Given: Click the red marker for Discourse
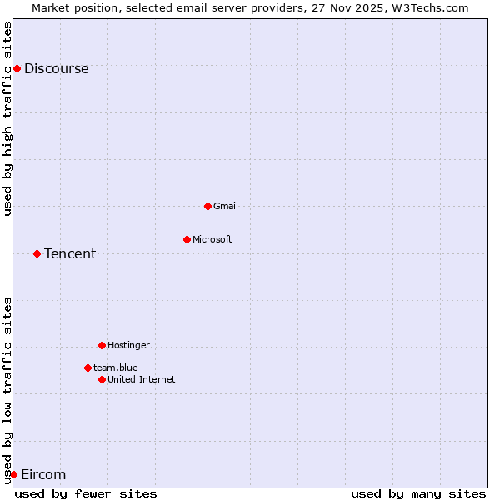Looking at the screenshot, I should pos(17,68).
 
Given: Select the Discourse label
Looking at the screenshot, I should pos(56,69).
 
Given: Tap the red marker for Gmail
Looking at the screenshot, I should pos(207,206).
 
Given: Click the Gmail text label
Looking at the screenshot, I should pos(226,207).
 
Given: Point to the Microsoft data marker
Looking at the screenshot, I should pos(187,239).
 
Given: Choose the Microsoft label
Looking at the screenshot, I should pos(212,240).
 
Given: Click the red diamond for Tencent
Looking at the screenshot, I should pos(37,253).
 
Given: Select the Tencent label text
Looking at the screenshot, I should pos(70,254).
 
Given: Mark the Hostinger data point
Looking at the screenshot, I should pos(102,345).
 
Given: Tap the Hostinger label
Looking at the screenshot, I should pos(128,346).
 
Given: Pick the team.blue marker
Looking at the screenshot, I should pos(87,367).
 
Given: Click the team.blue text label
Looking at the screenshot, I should pos(116,368).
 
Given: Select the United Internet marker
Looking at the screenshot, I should pos(102,379).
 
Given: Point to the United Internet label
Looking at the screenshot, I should pos(142,380).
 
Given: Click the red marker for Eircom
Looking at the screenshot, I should pos(13,474).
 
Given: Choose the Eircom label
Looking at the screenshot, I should pos(42,475).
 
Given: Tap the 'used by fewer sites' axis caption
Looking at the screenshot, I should pos(86,493).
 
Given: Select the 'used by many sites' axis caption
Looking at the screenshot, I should pos(418,493).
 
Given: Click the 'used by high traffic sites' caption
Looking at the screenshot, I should pos(8,118).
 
